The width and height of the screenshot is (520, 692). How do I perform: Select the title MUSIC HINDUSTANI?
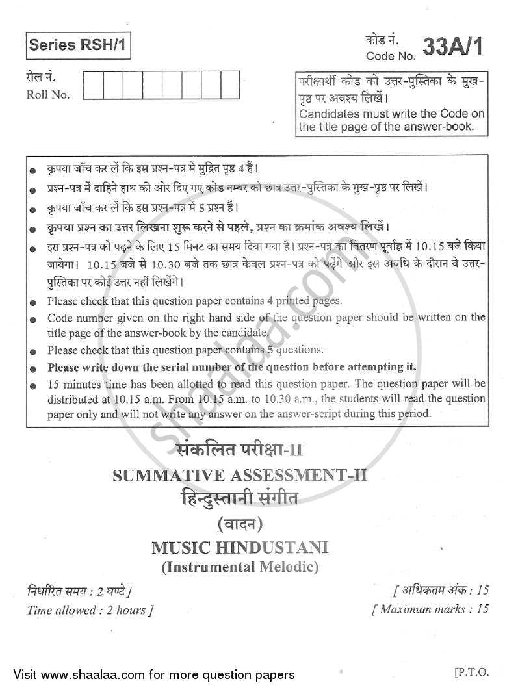point(240,547)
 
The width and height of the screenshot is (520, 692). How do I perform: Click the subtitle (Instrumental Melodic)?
point(240,567)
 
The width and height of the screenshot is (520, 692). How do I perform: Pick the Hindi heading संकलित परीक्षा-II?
point(240,450)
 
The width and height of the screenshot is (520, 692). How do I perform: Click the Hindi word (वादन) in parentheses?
point(240,524)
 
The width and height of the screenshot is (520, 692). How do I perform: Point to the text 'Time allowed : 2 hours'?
point(90,609)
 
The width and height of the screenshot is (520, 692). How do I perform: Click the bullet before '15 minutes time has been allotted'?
point(32,385)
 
